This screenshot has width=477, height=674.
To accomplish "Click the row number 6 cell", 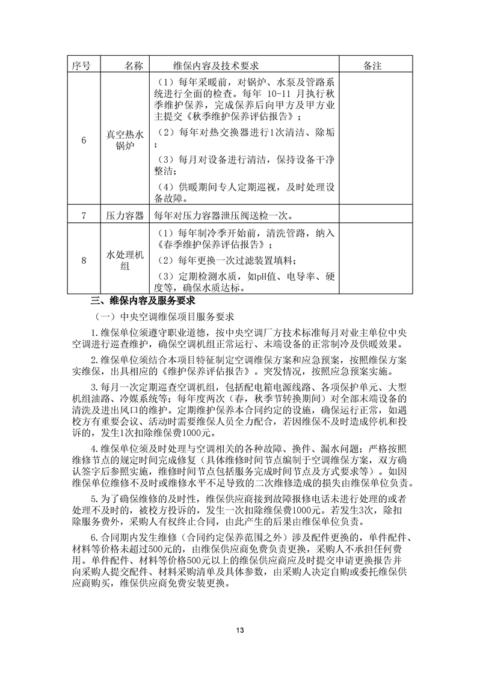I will (x=84, y=140).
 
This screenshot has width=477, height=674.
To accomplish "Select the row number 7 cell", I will (x=84, y=215).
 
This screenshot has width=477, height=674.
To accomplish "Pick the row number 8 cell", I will (x=84, y=260).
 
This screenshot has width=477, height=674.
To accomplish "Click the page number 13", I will (x=239, y=630).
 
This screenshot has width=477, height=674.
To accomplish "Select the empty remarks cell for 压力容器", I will (x=373, y=215).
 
